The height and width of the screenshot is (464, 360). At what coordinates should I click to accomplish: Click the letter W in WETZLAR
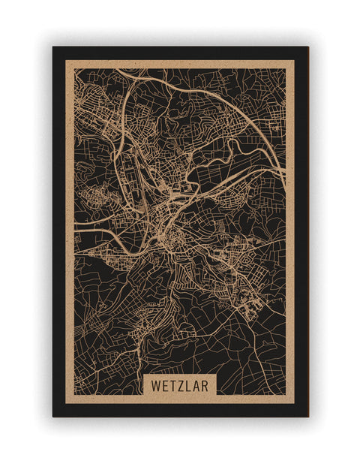coord(154,385)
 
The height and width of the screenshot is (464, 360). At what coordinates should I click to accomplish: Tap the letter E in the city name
coord(165,385)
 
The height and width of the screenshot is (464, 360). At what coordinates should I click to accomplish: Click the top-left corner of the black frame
coord(53,47)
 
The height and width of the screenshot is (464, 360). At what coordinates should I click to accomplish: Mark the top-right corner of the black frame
coord(307,47)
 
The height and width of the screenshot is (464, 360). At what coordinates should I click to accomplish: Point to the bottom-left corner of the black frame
coord(53,416)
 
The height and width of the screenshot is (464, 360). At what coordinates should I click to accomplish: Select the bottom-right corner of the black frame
coord(307,416)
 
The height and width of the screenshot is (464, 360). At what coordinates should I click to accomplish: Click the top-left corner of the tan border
coord(66,60)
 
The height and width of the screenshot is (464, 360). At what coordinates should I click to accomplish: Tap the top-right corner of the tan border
coord(294,60)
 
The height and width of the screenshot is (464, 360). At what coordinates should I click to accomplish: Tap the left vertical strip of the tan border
coord(70,225)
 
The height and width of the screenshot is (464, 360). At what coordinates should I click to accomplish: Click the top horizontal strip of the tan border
coord(180,64)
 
